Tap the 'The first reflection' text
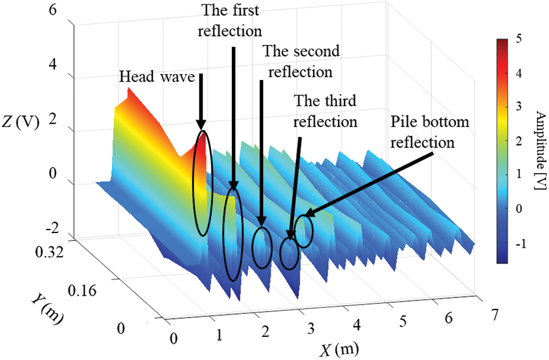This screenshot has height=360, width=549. click(x=232, y=19)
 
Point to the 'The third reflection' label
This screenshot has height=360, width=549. click(x=325, y=111)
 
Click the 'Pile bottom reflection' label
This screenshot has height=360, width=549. click(x=429, y=132)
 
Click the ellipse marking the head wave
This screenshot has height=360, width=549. click(x=203, y=182)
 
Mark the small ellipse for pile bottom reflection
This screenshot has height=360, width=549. click(x=304, y=231)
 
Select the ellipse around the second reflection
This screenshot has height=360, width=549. click(x=262, y=248)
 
